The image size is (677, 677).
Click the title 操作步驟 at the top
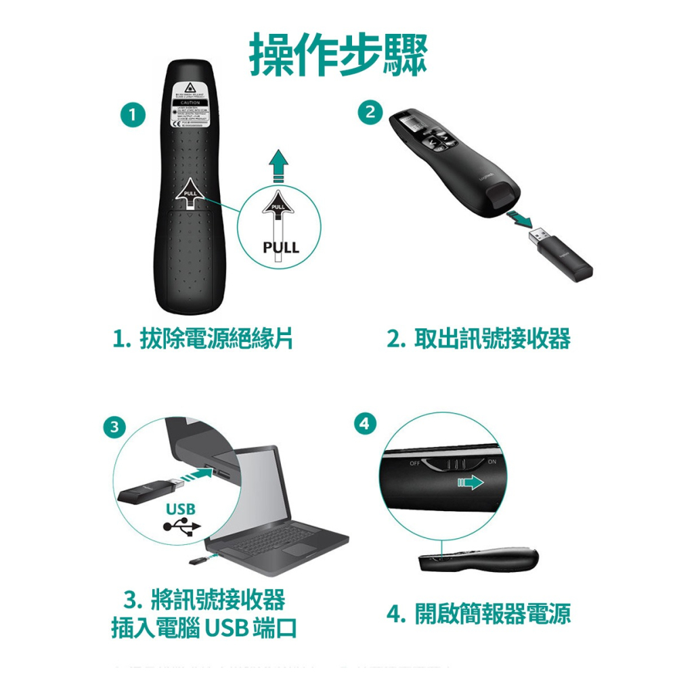pos(338,54)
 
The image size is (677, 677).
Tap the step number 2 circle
pos(370,113)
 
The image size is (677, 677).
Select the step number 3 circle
pos(116,427)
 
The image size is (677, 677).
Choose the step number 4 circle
pos(364,424)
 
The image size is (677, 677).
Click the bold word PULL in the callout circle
pos(280,248)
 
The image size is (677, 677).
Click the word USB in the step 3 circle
pos(180,508)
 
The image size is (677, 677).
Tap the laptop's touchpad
pos(298,549)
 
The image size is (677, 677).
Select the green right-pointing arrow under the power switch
pos(470,483)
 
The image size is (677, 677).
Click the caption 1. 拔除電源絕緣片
pos(203,338)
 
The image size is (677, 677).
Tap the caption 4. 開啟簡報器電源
pos(479,613)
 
